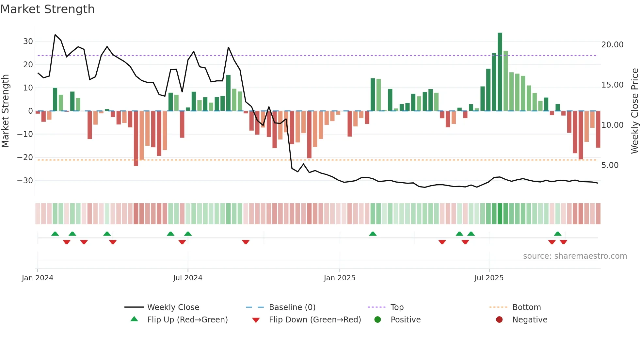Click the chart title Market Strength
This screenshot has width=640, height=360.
point(47,9)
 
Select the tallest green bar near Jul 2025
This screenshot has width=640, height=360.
point(500,72)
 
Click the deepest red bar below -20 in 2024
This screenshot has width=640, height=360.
point(136,139)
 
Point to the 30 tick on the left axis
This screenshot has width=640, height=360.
point(28,41)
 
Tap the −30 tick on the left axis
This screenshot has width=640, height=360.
point(25,181)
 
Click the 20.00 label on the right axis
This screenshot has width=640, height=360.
point(612,45)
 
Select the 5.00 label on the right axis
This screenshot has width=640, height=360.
point(610,165)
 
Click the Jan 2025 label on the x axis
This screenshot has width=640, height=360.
point(340,278)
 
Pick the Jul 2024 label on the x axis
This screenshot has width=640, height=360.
point(188,278)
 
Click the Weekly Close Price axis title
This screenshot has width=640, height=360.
point(634,111)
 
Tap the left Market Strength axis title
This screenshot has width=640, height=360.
point(5,111)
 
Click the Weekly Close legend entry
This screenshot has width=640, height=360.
point(173,307)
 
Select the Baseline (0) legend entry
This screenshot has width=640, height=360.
point(292,307)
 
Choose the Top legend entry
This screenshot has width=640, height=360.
point(397,307)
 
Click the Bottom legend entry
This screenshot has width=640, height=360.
point(526,307)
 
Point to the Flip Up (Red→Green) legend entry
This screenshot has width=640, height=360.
point(187,320)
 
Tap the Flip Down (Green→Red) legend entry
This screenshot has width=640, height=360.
point(315,320)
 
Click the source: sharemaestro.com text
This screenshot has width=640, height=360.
point(575,256)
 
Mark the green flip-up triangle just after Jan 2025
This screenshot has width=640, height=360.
point(373,234)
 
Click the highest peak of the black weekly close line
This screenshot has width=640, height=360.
point(55,35)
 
